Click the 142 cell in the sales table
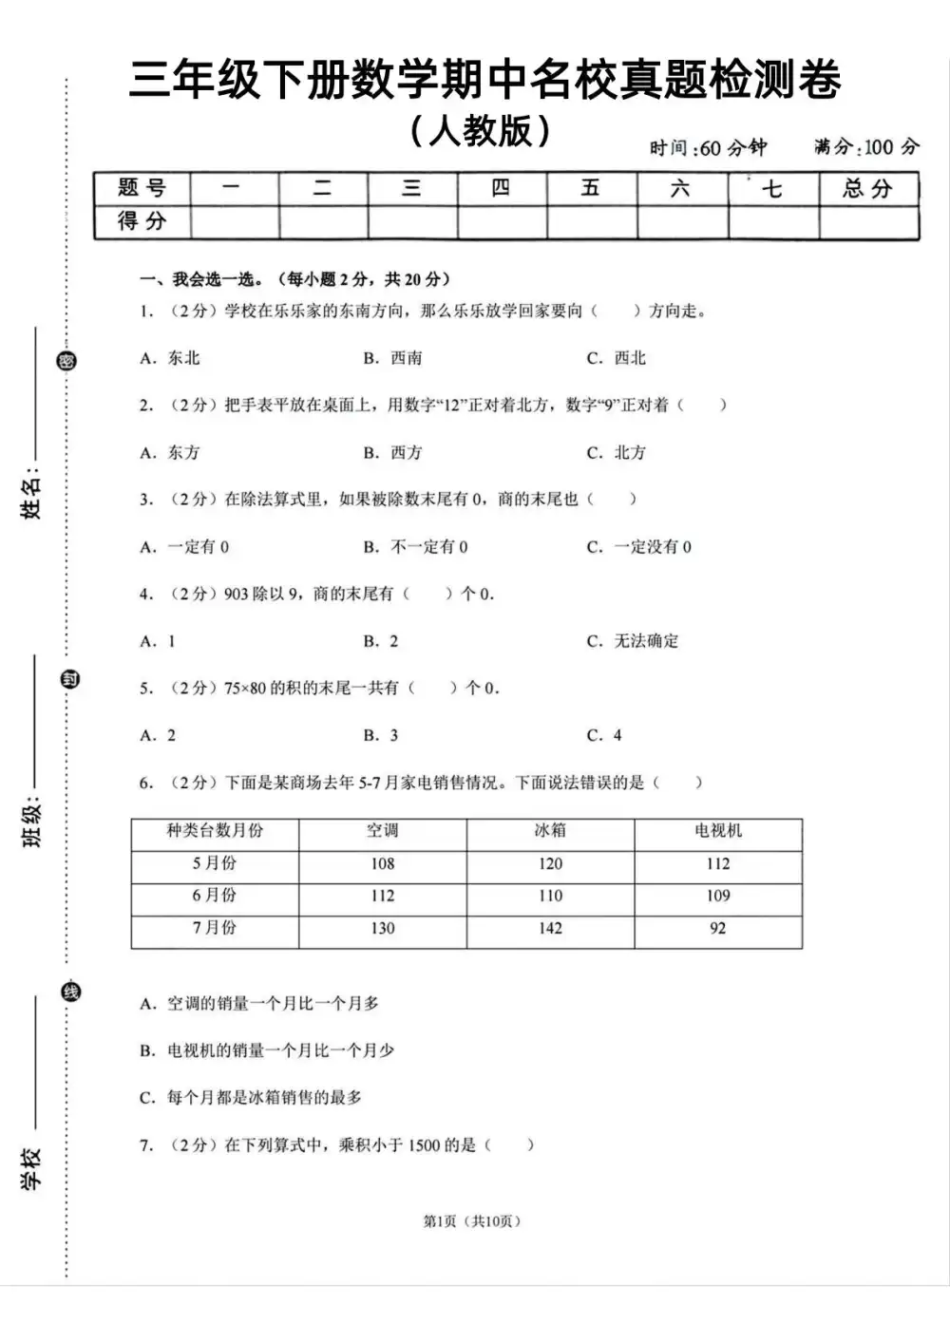(x=550, y=928)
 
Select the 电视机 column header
(x=718, y=831)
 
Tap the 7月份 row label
(x=215, y=928)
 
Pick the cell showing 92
(x=718, y=928)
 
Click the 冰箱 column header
(x=550, y=831)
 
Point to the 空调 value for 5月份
(x=383, y=863)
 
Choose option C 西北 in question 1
(x=617, y=358)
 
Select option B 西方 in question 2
(x=393, y=452)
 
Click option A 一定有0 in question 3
(x=185, y=546)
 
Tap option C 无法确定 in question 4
(x=633, y=641)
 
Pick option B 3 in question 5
(x=381, y=735)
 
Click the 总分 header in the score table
(x=867, y=188)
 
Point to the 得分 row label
(x=142, y=221)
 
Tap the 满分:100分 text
(x=866, y=146)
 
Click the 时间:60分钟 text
(x=708, y=148)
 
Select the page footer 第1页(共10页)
(x=472, y=1220)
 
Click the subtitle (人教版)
(x=481, y=131)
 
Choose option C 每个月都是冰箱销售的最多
(x=252, y=1097)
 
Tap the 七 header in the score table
(x=772, y=188)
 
